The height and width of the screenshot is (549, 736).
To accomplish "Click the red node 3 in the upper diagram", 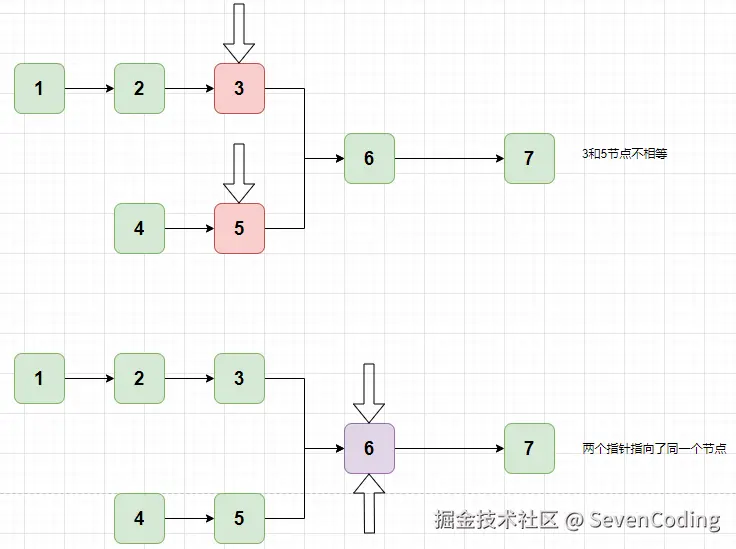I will pyautogui.click(x=239, y=88).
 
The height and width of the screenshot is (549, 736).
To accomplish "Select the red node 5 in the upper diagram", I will pyautogui.click(x=239, y=228).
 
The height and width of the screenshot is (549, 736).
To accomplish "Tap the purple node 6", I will pyautogui.click(x=369, y=448).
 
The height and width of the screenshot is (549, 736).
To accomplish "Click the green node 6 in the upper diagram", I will pyautogui.click(x=369, y=158).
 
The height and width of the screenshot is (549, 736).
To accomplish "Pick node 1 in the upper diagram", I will pyautogui.click(x=39, y=88).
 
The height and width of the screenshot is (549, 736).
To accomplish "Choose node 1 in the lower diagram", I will pyautogui.click(x=39, y=378).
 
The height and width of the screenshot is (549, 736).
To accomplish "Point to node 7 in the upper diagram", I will pyautogui.click(x=529, y=158).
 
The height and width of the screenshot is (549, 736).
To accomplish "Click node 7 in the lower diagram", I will pyautogui.click(x=529, y=448).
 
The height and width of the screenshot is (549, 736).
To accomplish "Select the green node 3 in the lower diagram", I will pyautogui.click(x=239, y=378).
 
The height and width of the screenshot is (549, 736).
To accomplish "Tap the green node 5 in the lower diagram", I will pyautogui.click(x=239, y=518).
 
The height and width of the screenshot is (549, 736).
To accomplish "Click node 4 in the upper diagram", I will pyautogui.click(x=139, y=228).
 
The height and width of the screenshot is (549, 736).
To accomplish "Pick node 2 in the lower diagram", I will pyautogui.click(x=139, y=378).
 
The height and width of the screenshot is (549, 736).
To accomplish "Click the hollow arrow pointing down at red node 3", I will pyautogui.click(x=239, y=33).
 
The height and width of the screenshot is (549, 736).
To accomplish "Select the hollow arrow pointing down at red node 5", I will pyautogui.click(x=239, y=173).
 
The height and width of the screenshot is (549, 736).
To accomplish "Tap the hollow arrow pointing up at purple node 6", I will pyautogui.click(x=369, y=503).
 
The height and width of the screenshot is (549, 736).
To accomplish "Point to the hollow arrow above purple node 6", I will pyautogui.click(x=369, y=393).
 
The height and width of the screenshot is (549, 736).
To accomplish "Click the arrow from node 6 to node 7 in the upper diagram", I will pyautogui.click(x=449, y=158).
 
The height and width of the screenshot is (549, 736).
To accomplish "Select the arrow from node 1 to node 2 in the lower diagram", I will pyautogui.click(x=89, y=378).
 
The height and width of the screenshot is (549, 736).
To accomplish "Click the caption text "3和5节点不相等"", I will pyautogui.click(x=624, y=155).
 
